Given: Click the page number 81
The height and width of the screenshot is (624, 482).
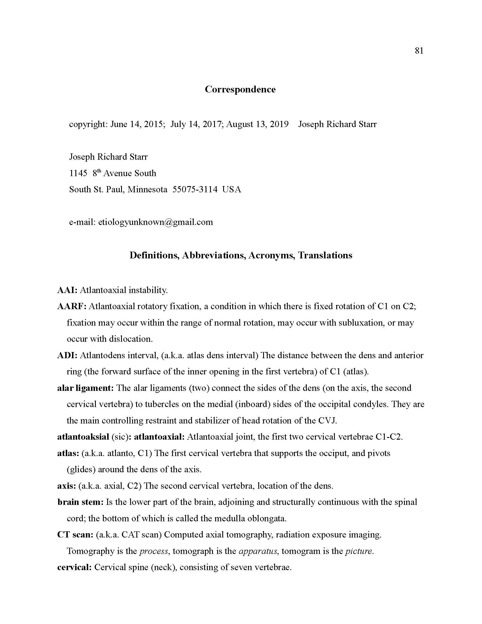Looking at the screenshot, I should click(x=419, y=51).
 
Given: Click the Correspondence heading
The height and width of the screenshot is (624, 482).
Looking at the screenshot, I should click(x=240, y=89).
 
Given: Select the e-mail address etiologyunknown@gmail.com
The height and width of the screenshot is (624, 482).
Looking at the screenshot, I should click(x=156, y=222).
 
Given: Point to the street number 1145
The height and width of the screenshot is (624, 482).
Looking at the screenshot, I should click(x=78, y=173).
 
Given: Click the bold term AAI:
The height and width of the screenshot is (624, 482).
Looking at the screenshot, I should click(x=67, y=290).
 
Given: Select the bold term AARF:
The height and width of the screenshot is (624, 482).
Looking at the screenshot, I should click(x=72, y=307).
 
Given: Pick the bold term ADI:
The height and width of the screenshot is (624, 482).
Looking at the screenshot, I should click(x=67, y=355).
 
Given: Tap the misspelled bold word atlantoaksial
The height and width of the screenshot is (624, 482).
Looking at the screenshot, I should click(x=83, y=437).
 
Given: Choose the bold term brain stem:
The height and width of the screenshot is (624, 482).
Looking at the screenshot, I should click(x=80, y=502).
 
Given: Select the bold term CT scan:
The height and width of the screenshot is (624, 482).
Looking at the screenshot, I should click(x=75, y=535).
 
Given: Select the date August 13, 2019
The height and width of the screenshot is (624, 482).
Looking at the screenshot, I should click(x=257, y=124).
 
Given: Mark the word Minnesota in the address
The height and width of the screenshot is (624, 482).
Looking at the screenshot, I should click(x=147, y=189).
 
